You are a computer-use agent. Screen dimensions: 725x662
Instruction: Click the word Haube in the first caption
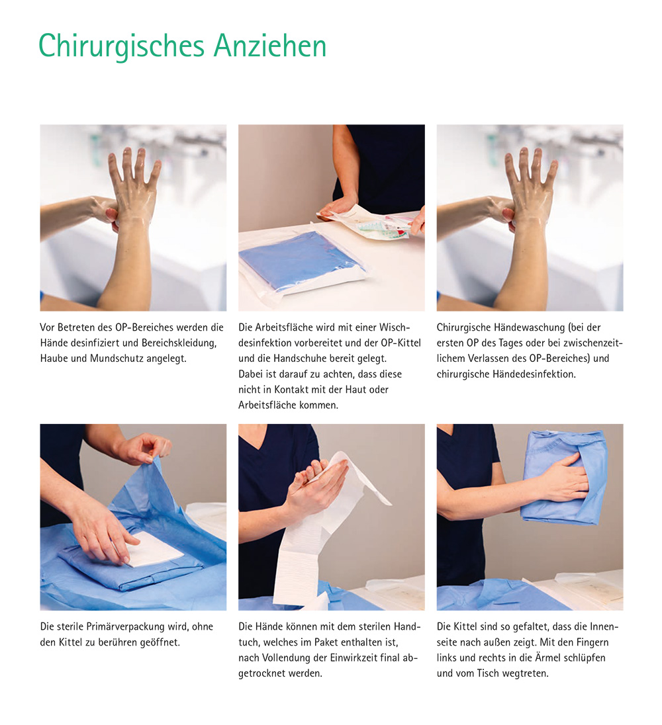tap(55, 359)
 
